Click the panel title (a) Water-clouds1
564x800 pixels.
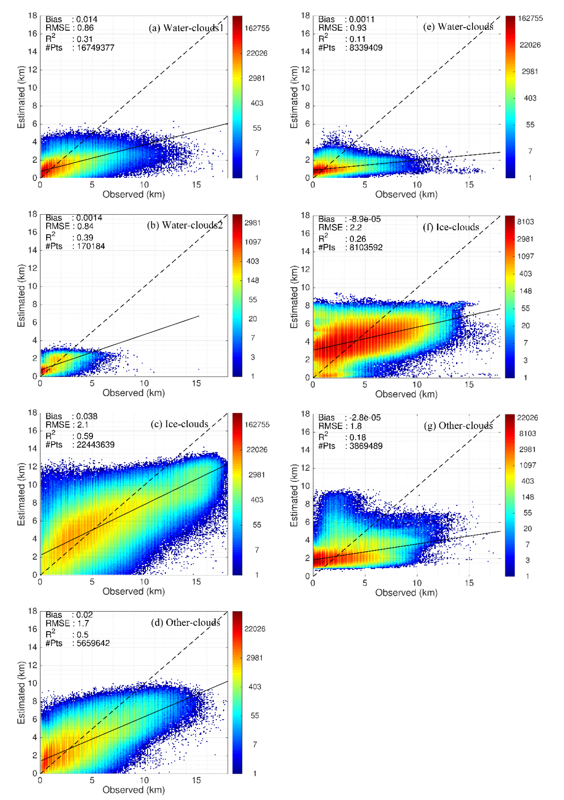point(186,28)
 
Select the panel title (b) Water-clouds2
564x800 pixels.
point(185,225)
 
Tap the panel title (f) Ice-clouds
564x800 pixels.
point(451,227)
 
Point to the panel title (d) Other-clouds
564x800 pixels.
point(186,622)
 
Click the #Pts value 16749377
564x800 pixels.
point(96,48)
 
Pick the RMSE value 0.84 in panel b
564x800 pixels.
point(85,226)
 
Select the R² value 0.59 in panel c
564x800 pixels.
point(85,436)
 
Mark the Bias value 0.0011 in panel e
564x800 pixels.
point(362,19)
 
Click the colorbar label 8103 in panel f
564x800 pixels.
point(525,222)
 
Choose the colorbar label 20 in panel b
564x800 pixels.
point(253,319)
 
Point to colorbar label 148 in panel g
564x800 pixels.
point(527,497)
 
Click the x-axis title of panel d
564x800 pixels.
point(134,790)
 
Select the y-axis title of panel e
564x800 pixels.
point(294,97)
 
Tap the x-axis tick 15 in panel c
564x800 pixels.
point(196,582)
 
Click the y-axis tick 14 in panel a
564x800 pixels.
point(32,51)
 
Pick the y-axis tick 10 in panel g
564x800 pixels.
point(305,486)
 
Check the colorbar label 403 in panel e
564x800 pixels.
point(530,98)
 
